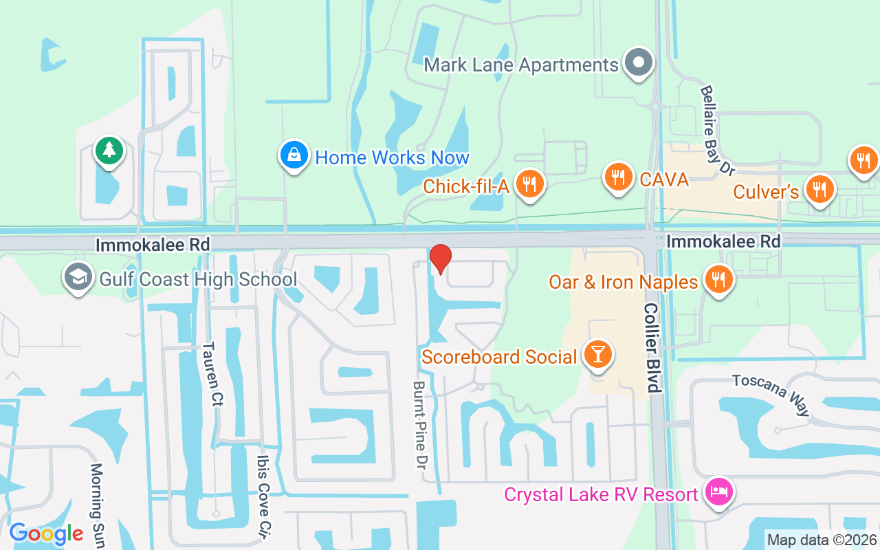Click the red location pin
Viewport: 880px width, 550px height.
point(440,258)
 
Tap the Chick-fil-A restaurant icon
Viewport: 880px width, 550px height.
point(529,184)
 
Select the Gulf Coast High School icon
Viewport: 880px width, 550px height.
point(78,278)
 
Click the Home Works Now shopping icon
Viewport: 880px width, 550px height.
point(294,155)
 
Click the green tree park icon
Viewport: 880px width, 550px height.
point(109,151)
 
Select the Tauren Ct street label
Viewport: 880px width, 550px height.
point(212,374)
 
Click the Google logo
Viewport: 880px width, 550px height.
point(46,533)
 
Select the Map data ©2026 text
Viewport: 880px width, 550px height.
point(822,540)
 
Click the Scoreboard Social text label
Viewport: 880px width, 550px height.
point(499,357)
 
